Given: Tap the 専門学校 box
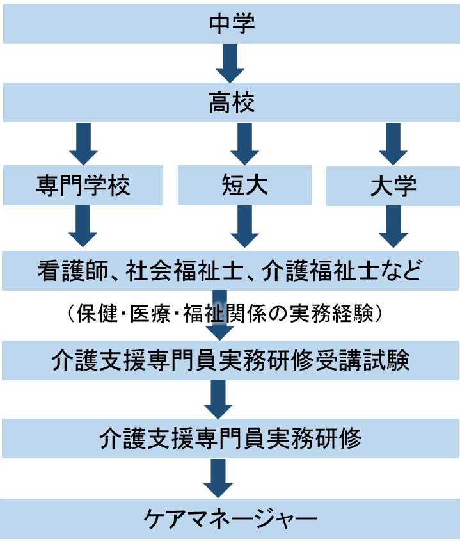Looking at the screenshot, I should tap(83, 186).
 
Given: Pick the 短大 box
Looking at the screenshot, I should tap(244, 186).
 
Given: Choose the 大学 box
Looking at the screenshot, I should tap(393, 186).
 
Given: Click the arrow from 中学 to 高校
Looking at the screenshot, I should tap(230, 64).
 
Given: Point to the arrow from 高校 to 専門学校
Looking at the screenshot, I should tap(83, 144).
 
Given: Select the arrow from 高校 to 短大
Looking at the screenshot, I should tap(244, 144).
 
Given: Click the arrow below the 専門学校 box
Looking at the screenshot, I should tap(83, 227).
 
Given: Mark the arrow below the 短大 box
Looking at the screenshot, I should tap(244, 227).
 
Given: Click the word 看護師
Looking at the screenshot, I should tap(72, 271).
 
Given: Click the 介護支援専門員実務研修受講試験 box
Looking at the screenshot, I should tap(230, 360).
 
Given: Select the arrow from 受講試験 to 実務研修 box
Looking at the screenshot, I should tap(218, 400).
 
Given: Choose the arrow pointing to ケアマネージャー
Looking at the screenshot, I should tap(218, 479).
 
